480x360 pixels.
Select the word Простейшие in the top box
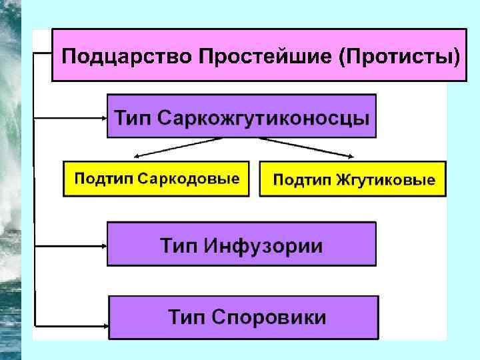[x=263, y=55]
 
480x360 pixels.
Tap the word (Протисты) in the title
[x=398, y=55]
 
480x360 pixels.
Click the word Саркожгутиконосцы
[x=263, y=119]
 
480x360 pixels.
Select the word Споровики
[x=269, y=316]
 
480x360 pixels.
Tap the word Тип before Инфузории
[x=178, y=246]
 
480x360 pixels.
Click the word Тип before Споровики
[x=187, y=316]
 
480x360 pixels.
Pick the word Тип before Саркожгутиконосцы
[x=135, y=119]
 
